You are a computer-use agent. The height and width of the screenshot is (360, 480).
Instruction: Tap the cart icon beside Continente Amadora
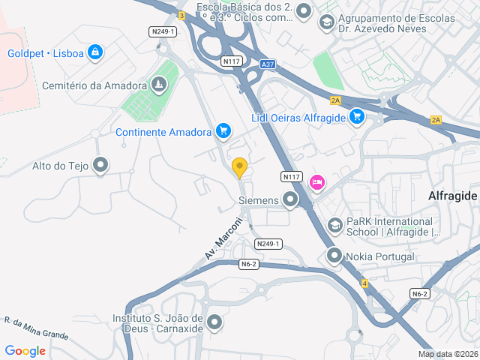(x=223, y=131)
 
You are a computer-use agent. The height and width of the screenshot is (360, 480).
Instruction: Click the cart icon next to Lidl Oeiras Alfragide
(x=357, y=116)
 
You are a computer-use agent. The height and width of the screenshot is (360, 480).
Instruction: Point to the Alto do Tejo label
(x=60, y=166)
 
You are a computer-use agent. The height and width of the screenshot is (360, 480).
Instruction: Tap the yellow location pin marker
(x=240, y=167)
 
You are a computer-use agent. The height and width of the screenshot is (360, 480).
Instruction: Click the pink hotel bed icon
(x=316, y=181)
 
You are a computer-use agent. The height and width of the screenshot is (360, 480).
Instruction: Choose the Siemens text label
(x=258, y=200)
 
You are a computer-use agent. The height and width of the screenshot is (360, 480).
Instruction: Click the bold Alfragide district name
(x=452, y=196)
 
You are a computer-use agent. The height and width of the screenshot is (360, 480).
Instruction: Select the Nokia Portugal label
(x=380, y=256)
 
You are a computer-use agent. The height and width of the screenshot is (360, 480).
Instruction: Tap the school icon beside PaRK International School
(x=335, y=225)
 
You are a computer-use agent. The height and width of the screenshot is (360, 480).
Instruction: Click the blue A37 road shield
(x=268, y=65)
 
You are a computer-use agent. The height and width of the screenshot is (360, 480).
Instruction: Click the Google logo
(x=25, y=350)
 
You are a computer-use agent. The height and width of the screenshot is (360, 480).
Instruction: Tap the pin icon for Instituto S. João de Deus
(x=215, y=323)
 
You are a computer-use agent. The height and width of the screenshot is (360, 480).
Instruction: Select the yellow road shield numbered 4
(x=364, y=283)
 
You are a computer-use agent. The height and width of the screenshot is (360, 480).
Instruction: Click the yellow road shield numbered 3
(x=181, y=16)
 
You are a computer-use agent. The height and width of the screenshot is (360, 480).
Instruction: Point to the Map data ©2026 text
(x=448, y=354)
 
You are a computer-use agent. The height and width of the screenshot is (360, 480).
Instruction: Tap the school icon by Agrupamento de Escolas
(x=326, y=22)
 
